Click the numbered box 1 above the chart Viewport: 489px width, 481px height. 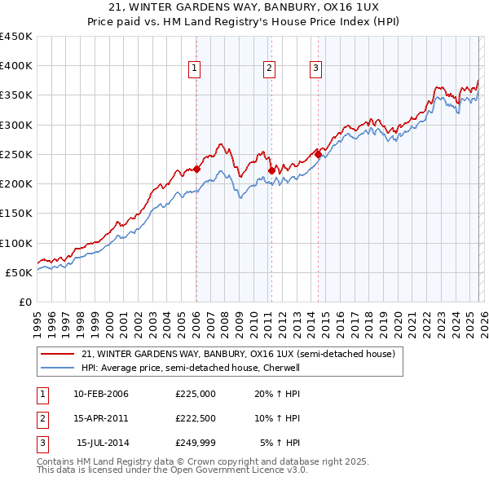[x=196, y=69]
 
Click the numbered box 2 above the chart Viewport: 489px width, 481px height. [x=268, y=69]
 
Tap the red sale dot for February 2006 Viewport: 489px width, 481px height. [x=196, y=170]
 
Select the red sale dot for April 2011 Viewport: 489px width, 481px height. [x=271, y=170]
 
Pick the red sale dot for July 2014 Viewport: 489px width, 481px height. [x=318, y=154]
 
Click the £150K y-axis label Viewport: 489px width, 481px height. [x=16, y=214]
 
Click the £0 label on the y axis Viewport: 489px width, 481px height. [x=24, y=302]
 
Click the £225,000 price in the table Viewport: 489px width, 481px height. [x=195, y=394]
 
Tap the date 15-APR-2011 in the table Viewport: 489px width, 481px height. [x=100, y=418]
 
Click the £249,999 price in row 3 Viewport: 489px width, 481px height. [x=195, y=443]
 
